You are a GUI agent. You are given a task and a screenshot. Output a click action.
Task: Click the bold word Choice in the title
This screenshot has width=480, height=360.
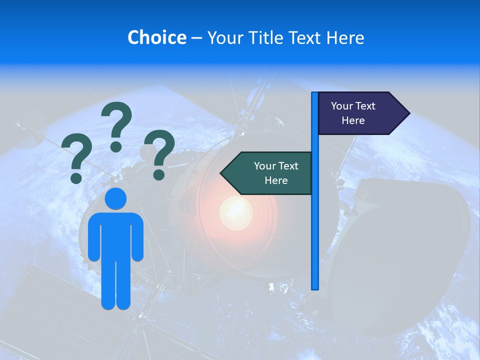(156, 37)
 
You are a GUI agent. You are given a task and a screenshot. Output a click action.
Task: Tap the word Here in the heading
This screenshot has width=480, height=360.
(345, 37)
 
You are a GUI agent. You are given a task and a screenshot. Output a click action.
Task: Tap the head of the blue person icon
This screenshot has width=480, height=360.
(115, 198)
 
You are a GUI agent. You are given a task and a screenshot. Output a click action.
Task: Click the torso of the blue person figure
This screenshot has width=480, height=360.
(115, 235)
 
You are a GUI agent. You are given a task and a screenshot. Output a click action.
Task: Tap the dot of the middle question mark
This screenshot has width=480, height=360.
(116, 146)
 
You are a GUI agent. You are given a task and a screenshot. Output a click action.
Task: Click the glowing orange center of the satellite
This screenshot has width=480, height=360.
(235, 210)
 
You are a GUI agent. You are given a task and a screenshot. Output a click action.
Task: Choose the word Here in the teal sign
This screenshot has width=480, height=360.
(276, 180)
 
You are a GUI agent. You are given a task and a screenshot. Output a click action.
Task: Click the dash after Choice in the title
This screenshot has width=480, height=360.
(196, 37)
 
